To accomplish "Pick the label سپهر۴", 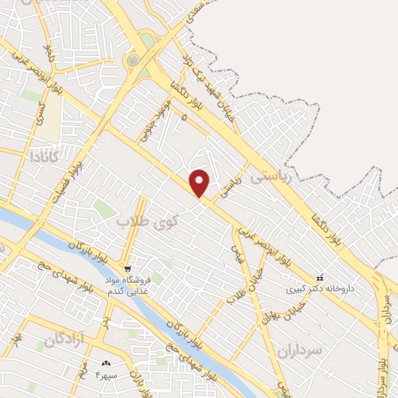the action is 106,374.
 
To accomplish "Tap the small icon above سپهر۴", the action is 106,363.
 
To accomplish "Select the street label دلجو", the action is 47,52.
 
